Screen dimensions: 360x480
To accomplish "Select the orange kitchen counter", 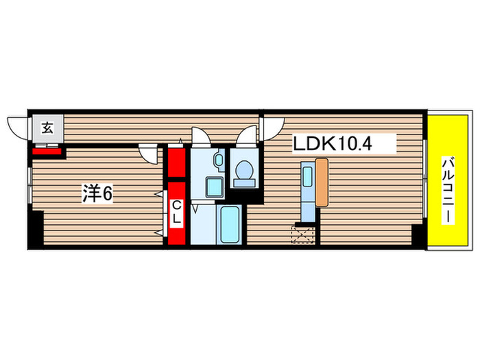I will (322, 182).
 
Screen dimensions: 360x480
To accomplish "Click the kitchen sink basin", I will (306, 177).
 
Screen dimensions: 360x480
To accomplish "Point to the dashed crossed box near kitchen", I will (303, 235).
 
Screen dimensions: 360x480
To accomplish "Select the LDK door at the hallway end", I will (273, 126).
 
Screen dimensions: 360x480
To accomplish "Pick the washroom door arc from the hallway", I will (202, 134).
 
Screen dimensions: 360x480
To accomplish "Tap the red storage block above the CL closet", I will (177, 162).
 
